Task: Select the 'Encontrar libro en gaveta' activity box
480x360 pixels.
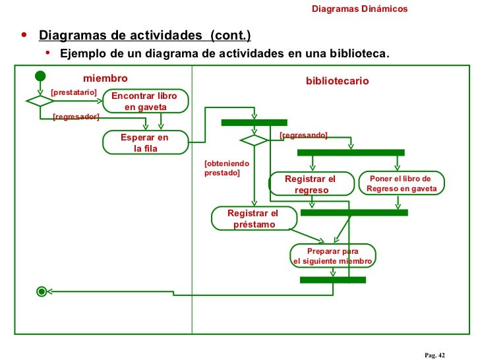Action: (x=145, y=101)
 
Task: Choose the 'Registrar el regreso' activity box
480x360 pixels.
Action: (x=311, y=184)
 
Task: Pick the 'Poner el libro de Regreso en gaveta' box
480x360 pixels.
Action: (x=402, y=183)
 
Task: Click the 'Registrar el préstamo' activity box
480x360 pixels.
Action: (x=253, y=219)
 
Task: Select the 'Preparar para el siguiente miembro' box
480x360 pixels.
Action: (x=332, y=256)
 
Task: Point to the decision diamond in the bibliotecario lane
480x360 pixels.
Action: (x=253, y=140)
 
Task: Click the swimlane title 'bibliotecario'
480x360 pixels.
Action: (x=337, y=80)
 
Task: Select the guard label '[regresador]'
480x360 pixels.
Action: (x=75, y=117)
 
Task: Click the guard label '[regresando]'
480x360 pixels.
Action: (x=303, y=135)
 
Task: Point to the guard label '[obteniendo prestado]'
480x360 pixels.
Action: (x=226, y=167)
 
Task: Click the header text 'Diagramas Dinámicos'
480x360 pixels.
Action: (x=359, y=9)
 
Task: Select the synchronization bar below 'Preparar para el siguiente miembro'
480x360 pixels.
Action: (x=332, y=280)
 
